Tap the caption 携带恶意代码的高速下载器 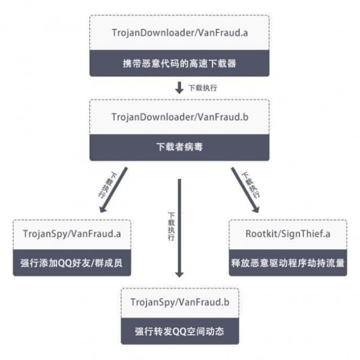pyautogui.click(x=179, y=63)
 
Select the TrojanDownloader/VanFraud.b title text pyautogui.click(x=179, y=117)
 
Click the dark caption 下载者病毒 pyautogui.click(x=179, y=147)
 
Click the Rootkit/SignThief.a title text pyautogui.click(x=288, y=233)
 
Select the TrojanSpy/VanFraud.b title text pyautogui.click(x=179, y=301)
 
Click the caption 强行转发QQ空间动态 pyautogui.click(x=179, y=331)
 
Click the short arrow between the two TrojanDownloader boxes pyautogui.click(x=179, y=88)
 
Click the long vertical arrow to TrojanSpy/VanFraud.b pyautogui.click(x=179, y=228)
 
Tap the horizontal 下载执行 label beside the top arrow pyautogui.click(x=202, y=88)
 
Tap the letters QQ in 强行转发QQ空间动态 pyautogui.click(x=179, y=331)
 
